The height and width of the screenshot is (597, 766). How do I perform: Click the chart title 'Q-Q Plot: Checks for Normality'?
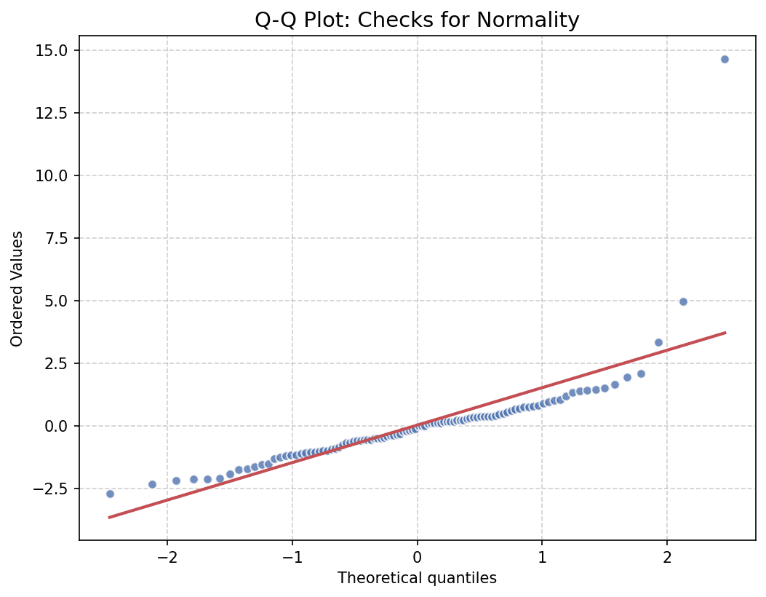pyautogui.click(x=417, y=20)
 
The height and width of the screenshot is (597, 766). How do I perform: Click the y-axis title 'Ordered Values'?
pyautogui.click(x=17, y=288)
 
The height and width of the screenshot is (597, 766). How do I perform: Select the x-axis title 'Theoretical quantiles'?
pyautogui.click(x=417, y=578)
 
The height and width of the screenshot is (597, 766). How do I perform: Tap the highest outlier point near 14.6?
pyautogui.click(x=725, y=59)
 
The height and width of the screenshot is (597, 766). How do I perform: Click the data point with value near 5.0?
pyautogui.click(x=683, y=301)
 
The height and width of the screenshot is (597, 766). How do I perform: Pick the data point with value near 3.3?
pyautogui.click(x=658, y=342)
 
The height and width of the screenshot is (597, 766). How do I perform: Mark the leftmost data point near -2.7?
pyautogui.click(x=110, y=494)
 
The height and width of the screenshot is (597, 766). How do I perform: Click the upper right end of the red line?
pyautogui.click(x=725, y=333)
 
